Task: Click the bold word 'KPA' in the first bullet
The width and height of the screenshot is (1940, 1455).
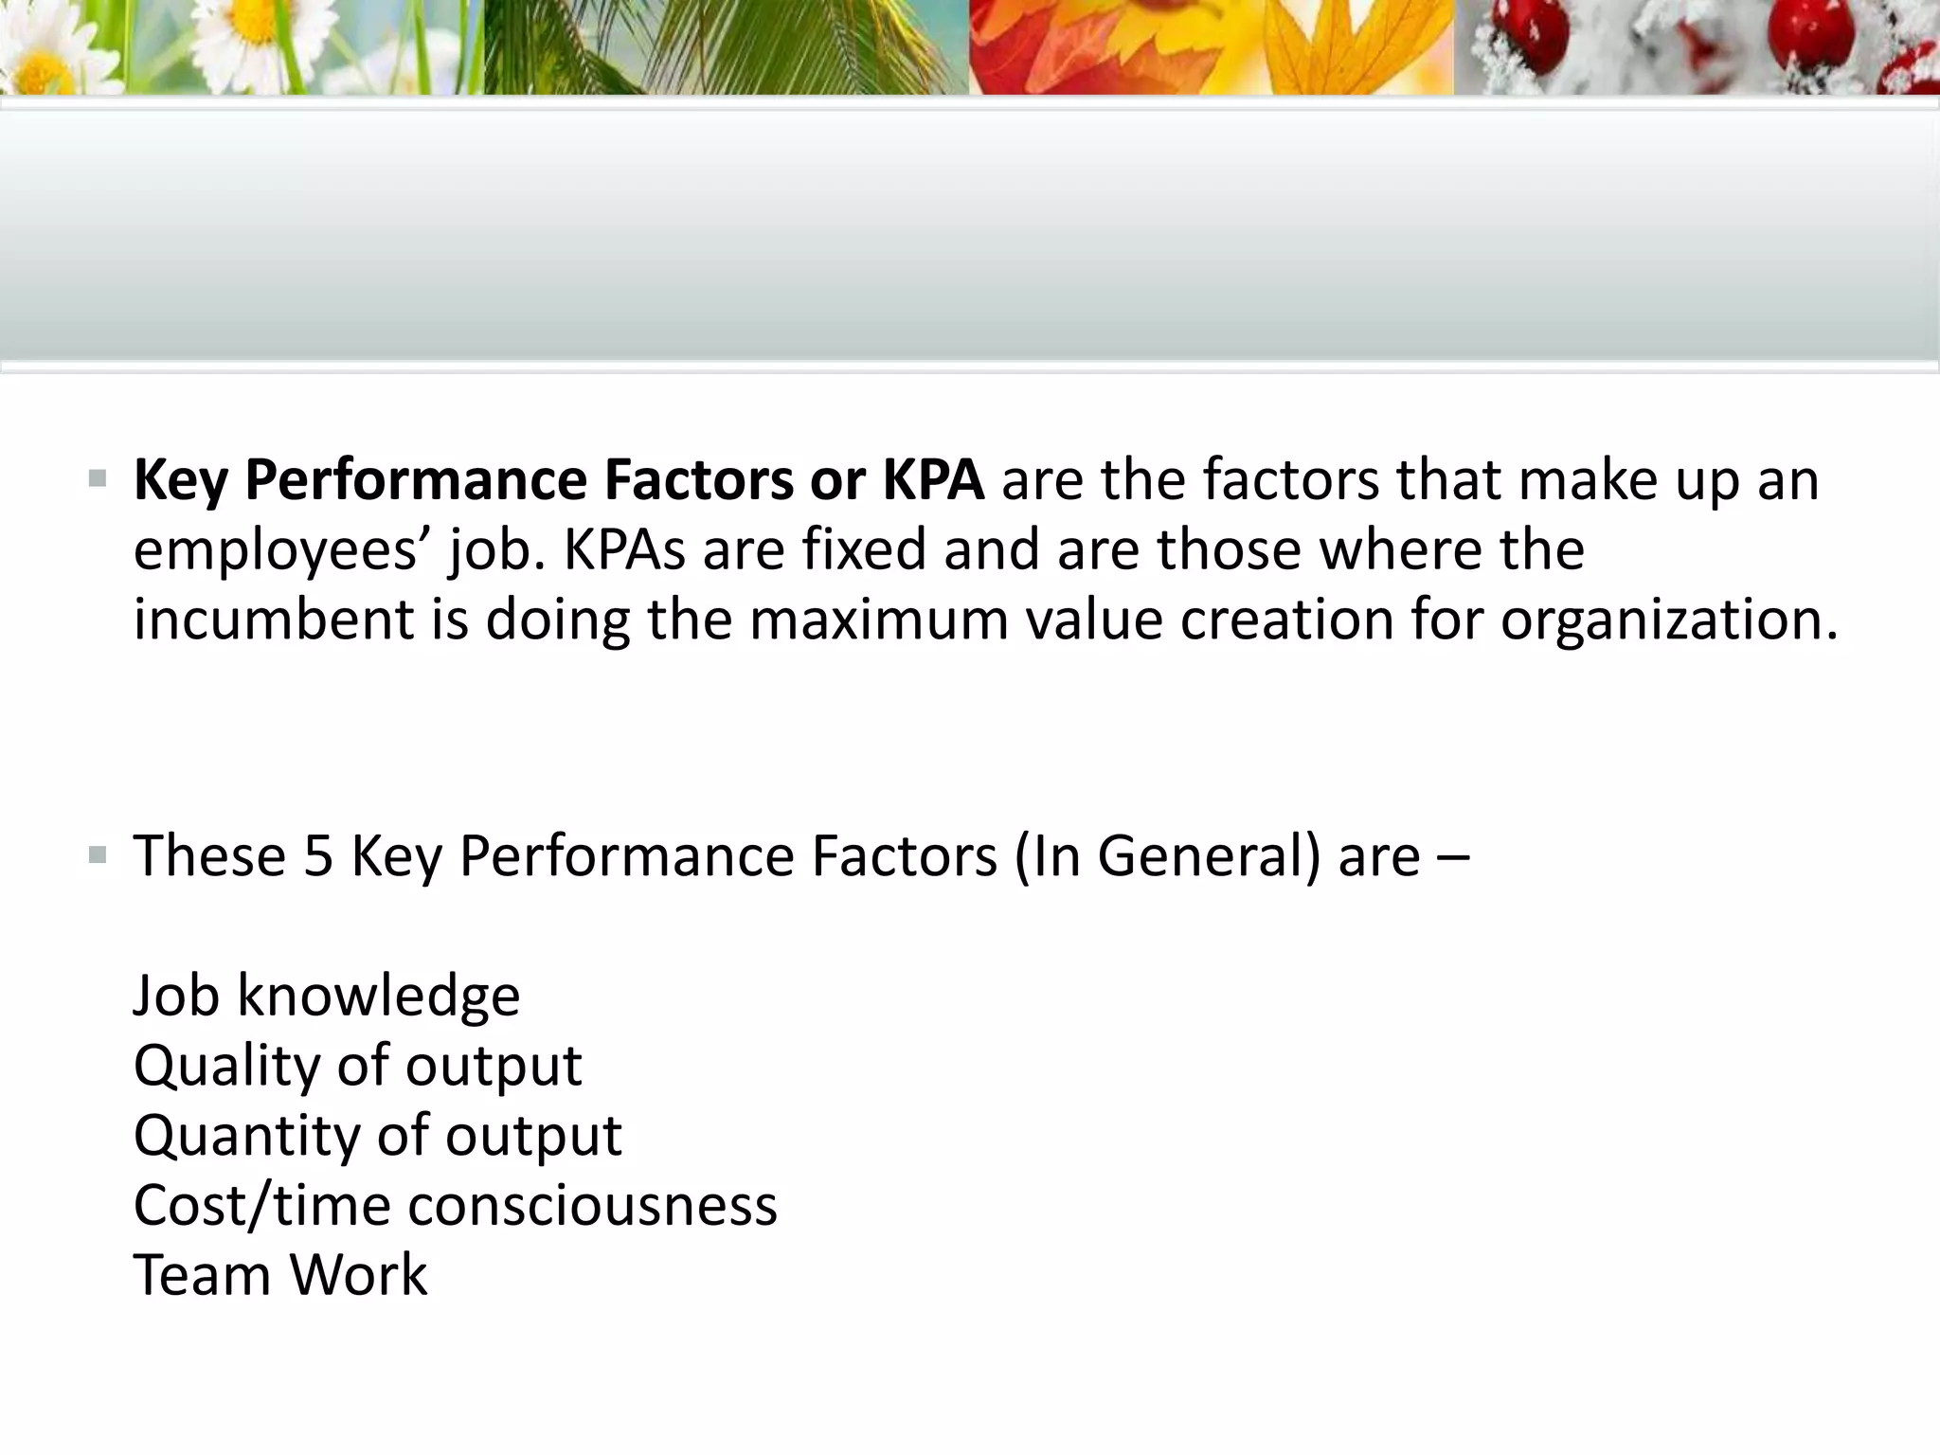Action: coord(933,479)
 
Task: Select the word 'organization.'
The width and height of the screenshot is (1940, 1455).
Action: coord(1669,620)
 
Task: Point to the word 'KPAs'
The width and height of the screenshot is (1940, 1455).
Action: coord(625,549)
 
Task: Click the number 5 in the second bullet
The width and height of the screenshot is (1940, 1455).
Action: coord(318,855)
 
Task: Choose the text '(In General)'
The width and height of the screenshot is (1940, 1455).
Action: coord(1167,857)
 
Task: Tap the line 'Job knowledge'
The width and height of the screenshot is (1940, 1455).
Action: coord(327,996)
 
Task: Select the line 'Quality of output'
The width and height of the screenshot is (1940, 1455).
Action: coord(357,1066)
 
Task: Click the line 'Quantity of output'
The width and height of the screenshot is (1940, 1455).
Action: coord(377,1135)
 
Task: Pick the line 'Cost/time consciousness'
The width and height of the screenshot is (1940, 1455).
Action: coord(455,1205)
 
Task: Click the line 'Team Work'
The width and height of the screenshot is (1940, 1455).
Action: coord(280,1274)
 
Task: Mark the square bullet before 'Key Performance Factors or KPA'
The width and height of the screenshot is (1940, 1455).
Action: coord(97,479)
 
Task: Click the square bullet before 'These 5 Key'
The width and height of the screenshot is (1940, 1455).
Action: coord(97,856)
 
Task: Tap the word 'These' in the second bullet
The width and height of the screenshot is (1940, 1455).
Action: coord(209,855)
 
